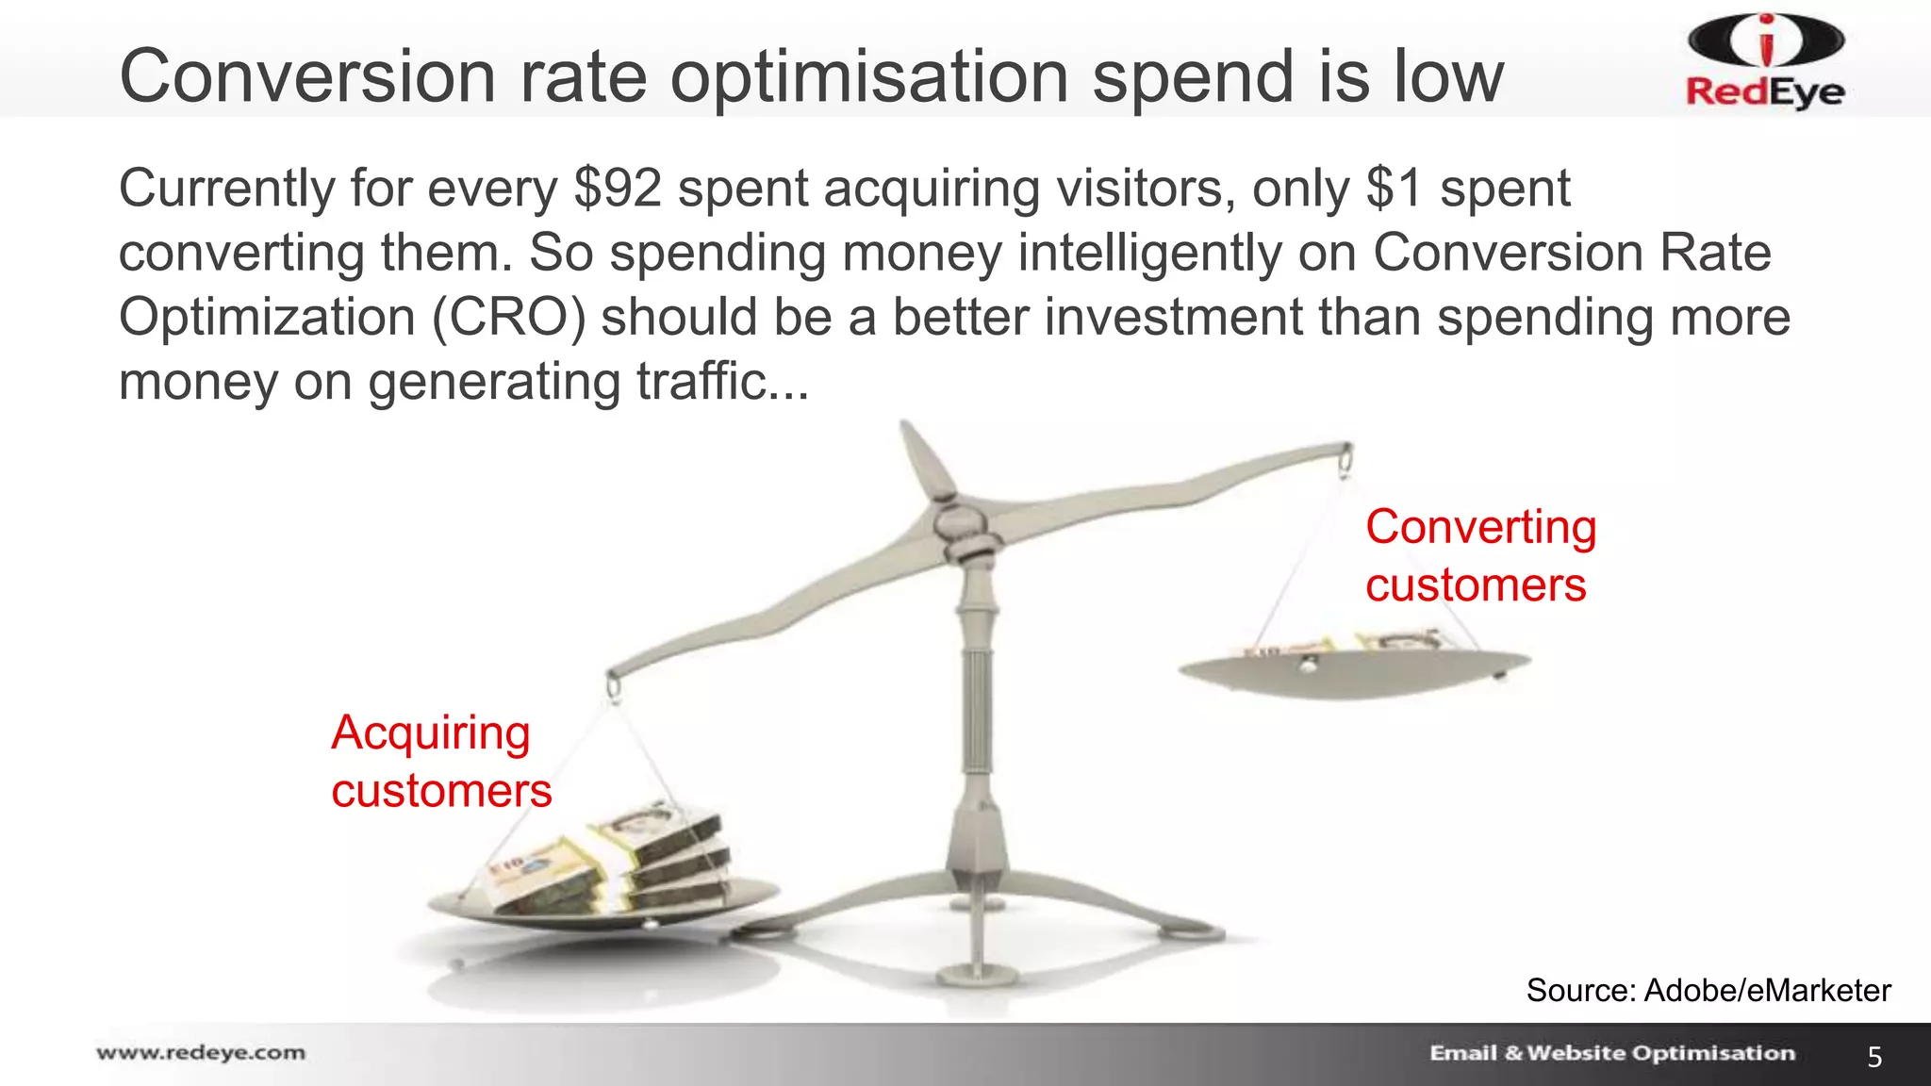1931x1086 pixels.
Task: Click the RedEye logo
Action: pyautogui.click(x=1764, y=62)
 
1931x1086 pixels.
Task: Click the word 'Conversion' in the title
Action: pyautogui.click(x=307, y=77)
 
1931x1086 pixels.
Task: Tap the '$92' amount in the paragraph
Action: pyautogui.click(x=618, y=189)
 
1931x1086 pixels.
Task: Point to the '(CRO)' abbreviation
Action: pyautogui.click(x=508, y=317)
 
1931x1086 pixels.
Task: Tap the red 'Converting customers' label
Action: pyautogui.click(x=1479, y=555)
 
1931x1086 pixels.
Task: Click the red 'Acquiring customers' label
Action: pyautogui.click(x=440, y=761)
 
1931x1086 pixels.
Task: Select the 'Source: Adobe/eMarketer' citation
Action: pyautogui.click(x=1708, y=990)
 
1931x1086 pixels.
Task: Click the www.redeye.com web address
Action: pyautogui.click(x=201, y=1052)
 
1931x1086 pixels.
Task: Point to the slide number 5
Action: pyautogui.click(x=1874, y=1057)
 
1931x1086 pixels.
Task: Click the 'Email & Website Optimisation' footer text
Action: pyautogui.click(x=1611, y=1053)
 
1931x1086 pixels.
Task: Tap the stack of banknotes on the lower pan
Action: pyautogui.click(x=613, y=858)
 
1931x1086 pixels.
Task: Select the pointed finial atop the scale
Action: pyautogui.click(x=924, y=457)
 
